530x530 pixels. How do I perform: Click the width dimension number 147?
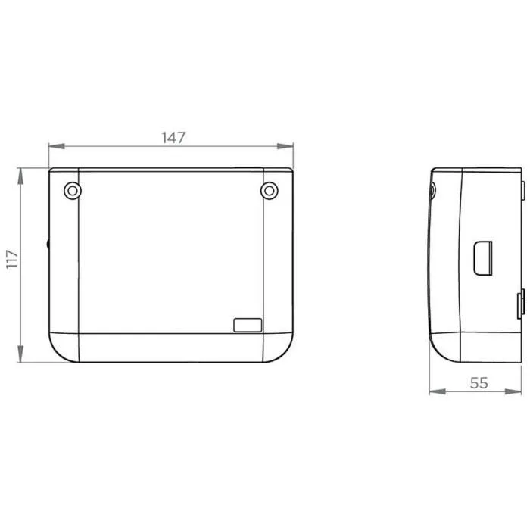(x=173, y=137)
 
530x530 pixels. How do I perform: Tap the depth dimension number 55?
(x=479, y=383)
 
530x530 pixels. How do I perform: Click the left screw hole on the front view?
(x=70, y=191)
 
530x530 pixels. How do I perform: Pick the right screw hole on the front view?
(x=270, y=191)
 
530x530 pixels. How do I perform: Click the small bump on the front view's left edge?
(x=48, y=245)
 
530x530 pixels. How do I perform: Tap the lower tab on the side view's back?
(x=521, y=303)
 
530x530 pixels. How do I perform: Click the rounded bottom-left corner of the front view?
(x=58, y=351)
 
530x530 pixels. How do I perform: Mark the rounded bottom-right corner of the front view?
(x=285, y=351)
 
